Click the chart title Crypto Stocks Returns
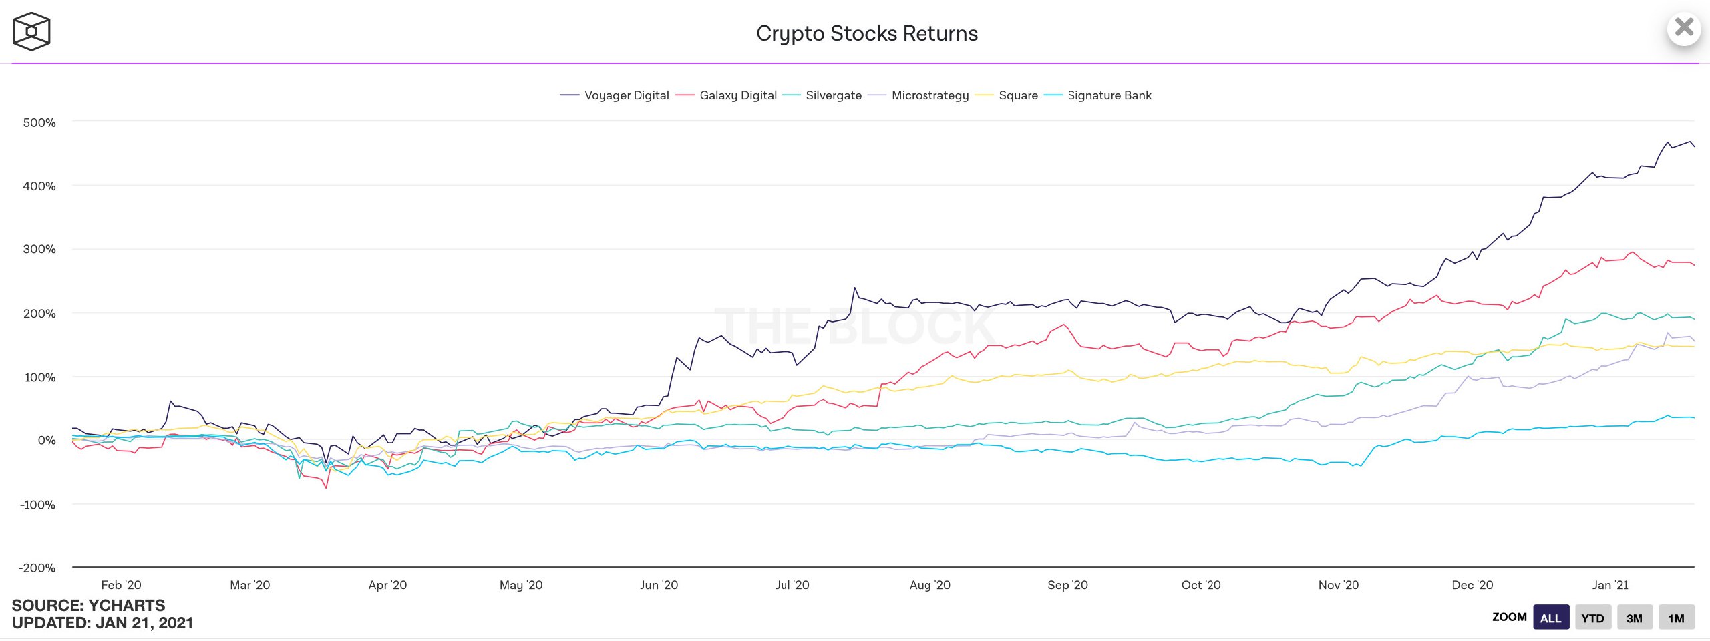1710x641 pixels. coord(866,33)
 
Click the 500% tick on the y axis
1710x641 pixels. coord(39,122)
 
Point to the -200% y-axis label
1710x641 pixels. coord(37,568)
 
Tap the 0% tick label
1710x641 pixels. coord(46,440)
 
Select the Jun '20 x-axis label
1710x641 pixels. coord(659,585)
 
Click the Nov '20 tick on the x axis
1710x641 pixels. coord(1338,585)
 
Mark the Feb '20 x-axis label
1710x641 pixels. coord(121,585)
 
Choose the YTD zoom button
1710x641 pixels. coord(1592,618)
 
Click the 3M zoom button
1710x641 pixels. coord(1634,618)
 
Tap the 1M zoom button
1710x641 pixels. coord(1675,618)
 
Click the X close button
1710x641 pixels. coord(1684,28)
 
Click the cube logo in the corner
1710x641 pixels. coord(31,31)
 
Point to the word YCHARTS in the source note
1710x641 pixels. coord(126,606)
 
